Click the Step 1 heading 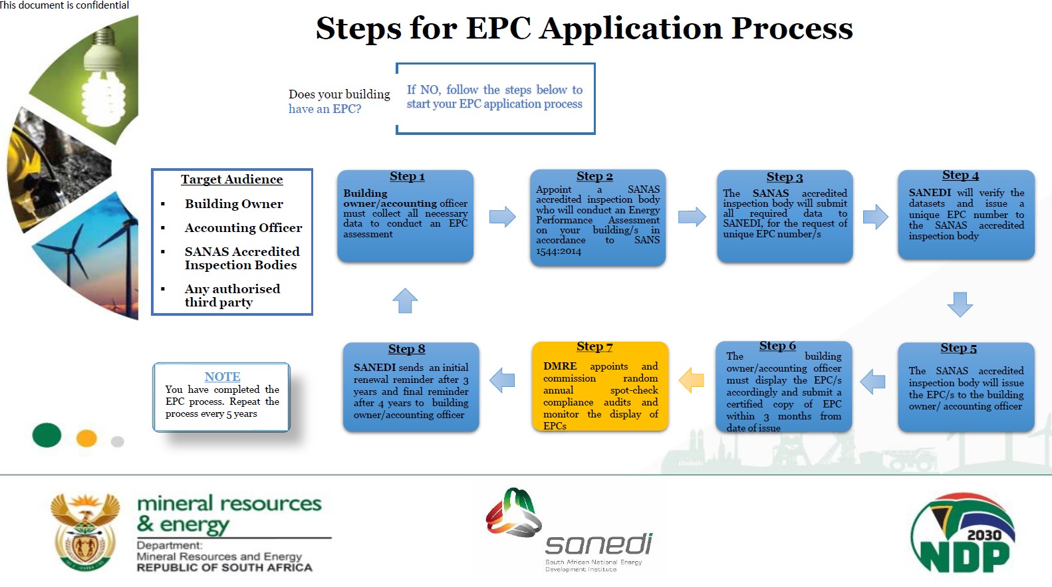pos(407,176)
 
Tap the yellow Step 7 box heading pos(594,346)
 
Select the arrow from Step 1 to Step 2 pos(502,217)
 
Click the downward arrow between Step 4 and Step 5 pos(960,304)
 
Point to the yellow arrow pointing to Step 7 pos(692,380)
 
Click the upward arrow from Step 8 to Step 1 pos(405,300)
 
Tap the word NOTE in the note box pos(222,376)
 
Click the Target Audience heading pos(231,179)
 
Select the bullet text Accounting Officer pos(243,228)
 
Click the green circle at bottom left pos(47,435)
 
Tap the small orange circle pos(86,438)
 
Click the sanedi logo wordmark pos(598,544)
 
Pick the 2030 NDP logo pos(962,534)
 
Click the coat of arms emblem pos(85,532)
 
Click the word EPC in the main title pos(498,29)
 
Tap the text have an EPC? pos(325,109)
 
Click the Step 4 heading pos(960,175)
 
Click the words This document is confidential pos(65,5)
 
